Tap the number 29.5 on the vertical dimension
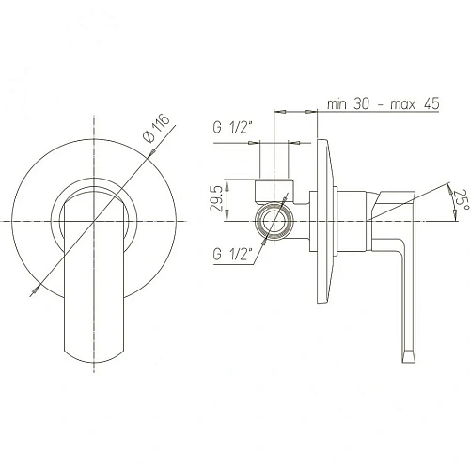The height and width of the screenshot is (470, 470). point(217,199)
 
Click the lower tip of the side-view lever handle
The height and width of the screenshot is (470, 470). point(409,356)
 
